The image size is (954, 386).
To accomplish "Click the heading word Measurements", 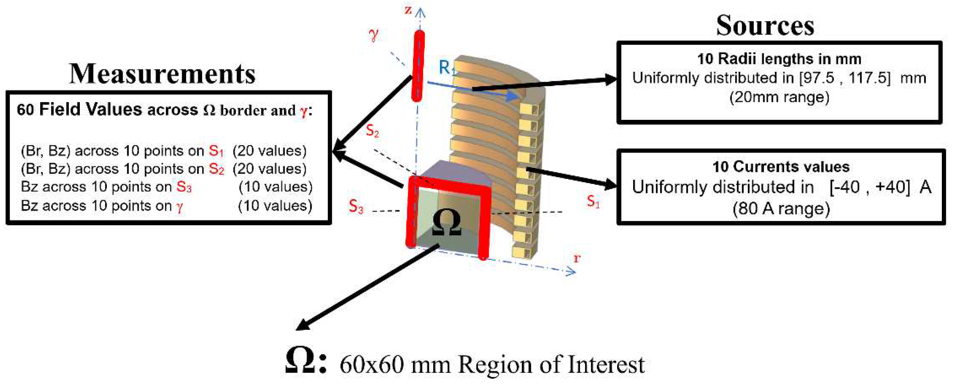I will pyautogui.click(x=162, y=74).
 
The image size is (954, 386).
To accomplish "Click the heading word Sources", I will pyautogui.click(x=765, y=26).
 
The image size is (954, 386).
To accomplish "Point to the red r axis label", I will pyautogui.click(x=577, y=258).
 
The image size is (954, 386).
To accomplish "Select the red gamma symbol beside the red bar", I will pyautogui.click(x=374, y=35).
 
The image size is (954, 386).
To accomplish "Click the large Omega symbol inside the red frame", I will pyautogui.click(x=447, y=222).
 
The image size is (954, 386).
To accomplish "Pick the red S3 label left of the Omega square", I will pyautogui.click(x=356, y=207).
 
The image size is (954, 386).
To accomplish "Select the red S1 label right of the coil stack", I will pyautogui.click(x=593, y=202).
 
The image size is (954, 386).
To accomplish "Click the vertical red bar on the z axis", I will pyautogui.click(x=418, y=66).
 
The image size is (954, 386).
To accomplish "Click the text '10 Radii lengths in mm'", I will pyautogui.click(x=779, y=59).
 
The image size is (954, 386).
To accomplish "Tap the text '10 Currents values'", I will pyautogui.click(x=781, y=167).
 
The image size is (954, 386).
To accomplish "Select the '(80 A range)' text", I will pyautogui.click(x=781, y=208).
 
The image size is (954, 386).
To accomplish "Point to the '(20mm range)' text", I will pyautogui.click(x=779, y=97).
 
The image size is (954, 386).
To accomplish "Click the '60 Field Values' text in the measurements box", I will pyautogui.click(x=79, y=110).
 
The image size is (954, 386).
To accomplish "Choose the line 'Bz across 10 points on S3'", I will pyautogui.click(x=106, y=187).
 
